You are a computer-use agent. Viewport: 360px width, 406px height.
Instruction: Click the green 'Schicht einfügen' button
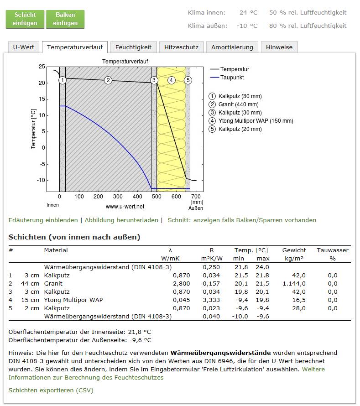(x=25, y=19)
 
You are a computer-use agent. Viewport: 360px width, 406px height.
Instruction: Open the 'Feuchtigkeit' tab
(x=133, y=47)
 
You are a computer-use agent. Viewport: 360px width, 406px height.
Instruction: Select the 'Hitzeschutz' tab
(x=181, y=47)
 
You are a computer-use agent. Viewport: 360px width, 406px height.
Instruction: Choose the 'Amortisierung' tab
(x=232, y=47)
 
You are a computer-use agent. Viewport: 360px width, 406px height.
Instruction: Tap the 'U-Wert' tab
(x=24, y=47)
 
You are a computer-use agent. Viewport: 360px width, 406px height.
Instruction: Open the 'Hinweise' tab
(x=279, y=47)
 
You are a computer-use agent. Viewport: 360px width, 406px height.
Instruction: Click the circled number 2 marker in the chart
(x=108, y=80)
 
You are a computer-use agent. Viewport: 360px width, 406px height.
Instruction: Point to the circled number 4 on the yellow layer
(x=171, y=80)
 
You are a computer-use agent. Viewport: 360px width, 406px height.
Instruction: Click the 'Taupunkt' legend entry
(x=227, y=78)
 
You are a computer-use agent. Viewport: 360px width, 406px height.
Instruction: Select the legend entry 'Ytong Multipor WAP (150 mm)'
(x=250, y=121)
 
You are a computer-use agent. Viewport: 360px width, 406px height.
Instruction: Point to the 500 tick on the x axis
(x=157, y=197)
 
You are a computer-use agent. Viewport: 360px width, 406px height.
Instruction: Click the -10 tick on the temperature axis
(x=41, y=180)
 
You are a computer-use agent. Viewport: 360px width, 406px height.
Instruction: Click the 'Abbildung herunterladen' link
(x=121, y=220)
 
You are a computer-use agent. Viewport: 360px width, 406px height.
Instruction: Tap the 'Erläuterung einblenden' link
(x=43, y=220)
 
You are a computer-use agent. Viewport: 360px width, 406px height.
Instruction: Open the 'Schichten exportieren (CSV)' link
(x=51, y=390)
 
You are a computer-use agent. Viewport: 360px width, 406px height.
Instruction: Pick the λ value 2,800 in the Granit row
(x=181, y=284)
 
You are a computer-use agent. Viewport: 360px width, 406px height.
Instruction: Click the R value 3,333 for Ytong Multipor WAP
(x=211, y=300)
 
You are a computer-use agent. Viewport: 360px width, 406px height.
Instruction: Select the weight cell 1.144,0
(x=294, y=284)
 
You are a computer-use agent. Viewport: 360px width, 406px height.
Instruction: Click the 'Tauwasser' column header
(x=333, y=250)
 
